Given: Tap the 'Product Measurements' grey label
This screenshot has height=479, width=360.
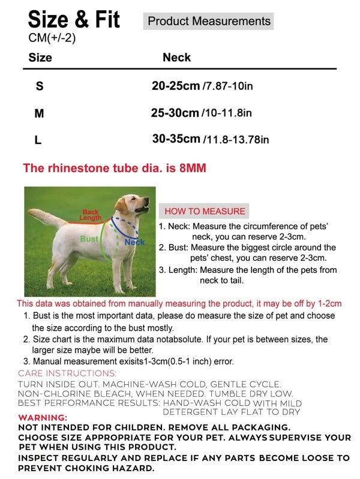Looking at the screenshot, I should point(209,22).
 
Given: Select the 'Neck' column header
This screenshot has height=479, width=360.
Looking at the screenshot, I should point(176,58).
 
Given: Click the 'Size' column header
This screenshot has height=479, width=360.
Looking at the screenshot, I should point(40,58).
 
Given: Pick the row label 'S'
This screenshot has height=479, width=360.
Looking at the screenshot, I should point(40,86).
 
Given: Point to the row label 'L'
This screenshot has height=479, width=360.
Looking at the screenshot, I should point(38,141).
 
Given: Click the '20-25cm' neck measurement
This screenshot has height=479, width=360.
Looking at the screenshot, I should point(175,86).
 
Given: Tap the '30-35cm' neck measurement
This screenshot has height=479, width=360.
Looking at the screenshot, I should point(176,139).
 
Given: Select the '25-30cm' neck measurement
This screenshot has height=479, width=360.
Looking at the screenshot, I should point(175,113).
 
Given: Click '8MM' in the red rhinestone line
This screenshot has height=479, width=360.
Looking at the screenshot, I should point(193,168).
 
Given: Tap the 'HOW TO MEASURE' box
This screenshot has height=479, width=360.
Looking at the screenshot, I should point(205,211).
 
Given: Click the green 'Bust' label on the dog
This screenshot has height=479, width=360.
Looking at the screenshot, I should point(89,239).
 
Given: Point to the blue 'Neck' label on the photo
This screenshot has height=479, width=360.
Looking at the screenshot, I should point(134,242).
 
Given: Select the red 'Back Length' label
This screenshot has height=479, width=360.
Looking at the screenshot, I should point(91,215).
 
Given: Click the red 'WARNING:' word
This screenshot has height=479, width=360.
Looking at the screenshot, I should point(43,417).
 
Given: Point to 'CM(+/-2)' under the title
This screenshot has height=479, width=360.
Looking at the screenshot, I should point(52,38).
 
